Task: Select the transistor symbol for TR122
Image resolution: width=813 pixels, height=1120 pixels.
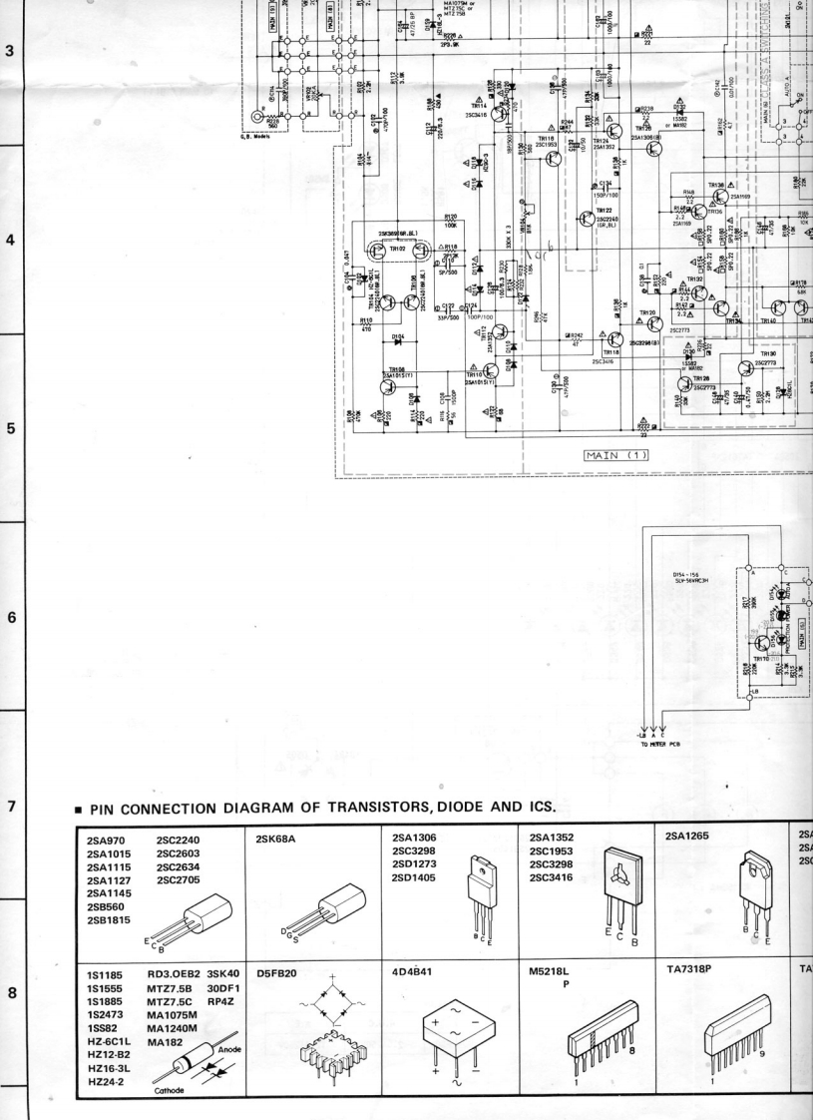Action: click(588, 221)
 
